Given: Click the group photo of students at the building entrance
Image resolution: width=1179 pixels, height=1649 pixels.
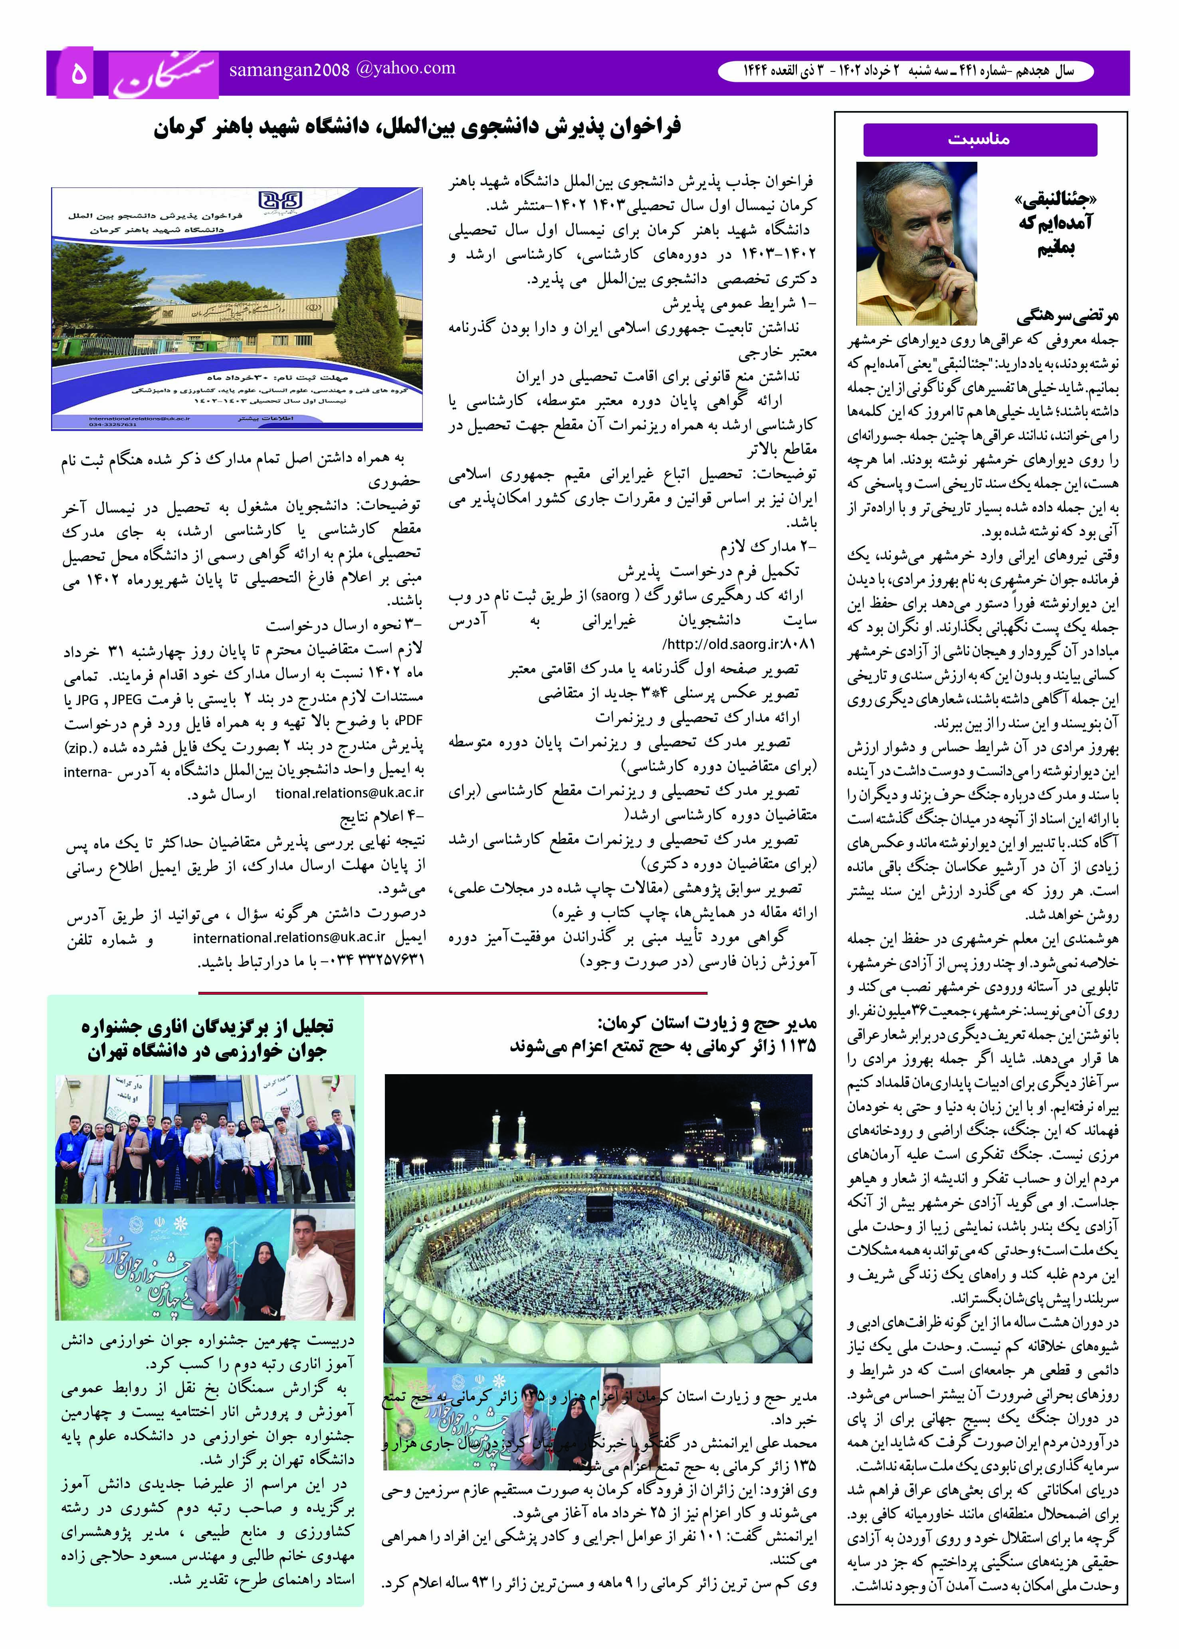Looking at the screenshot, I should [205, 1140].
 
